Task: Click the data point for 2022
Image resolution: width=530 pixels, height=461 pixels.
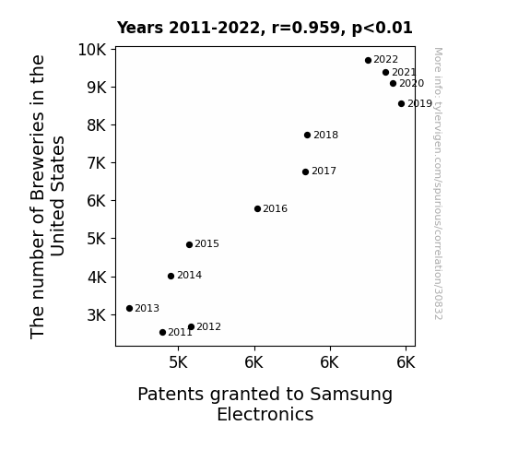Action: pyautogui.click(x=368, y=60)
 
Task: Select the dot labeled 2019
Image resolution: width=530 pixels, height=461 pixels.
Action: pyautogui.click(x=401, y=103)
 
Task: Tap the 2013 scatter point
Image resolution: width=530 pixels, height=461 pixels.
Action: pyautogui.click(x=129, y=308)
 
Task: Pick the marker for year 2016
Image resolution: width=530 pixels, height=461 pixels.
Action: pyautogui.click(x=257, y=208)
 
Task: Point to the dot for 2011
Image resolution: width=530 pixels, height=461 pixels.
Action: pyautogui.click(x=162, y=332)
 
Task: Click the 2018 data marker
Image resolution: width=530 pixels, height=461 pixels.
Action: pyautogui.click(x=307, y=135)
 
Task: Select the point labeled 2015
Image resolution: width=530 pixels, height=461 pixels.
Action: pyautogui.click(x=189, y=244)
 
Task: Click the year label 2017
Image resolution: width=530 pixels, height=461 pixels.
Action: pyautogui.click(x=324, y=171)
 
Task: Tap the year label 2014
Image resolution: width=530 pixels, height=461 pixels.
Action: pyautogui.click(x=189, y=276)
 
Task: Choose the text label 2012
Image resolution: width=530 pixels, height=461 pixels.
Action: pyautogui.click(x=208, y=326)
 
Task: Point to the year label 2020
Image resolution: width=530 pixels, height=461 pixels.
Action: pyautogui.click(x=411, y=83)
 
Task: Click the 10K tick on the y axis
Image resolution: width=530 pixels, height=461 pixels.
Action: pyautogui.click(x=92, y=50)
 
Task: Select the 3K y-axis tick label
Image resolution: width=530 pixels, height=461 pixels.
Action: pyautogui.click(x=97, y=315)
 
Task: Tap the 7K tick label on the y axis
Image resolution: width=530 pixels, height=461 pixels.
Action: pyautogui.click(x=97, y=163)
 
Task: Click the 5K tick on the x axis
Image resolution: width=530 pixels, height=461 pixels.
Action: pyautogui.click(x=178, y=362)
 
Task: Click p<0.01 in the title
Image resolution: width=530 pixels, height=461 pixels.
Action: pyautogui.click(x=383, y=29)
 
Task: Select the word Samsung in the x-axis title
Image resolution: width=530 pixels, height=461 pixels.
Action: pyautogui.click(x=351, y=395)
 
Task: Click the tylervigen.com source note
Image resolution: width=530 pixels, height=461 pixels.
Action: pyautogui.click(x=438, y=183)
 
